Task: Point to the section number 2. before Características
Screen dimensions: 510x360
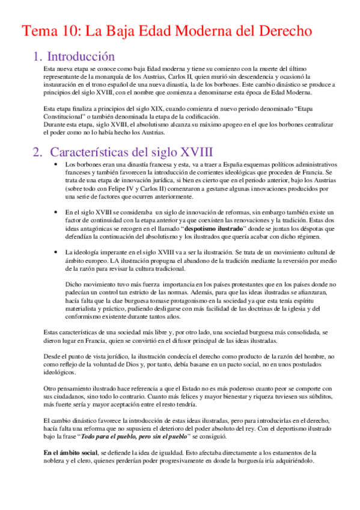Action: click(37, 152)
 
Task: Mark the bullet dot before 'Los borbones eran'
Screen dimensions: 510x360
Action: click(55, 164)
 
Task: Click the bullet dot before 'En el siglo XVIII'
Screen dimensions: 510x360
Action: click(55, 212)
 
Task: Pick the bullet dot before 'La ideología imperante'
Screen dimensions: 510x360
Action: click(55, 253)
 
